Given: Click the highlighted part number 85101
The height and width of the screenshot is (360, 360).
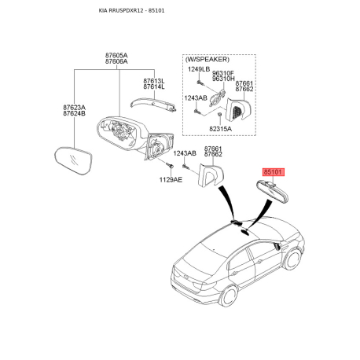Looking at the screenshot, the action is click(274, 172).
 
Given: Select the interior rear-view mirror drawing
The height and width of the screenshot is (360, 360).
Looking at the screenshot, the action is click(272, 191).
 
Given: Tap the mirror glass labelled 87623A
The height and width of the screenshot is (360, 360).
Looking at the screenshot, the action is click(74, 160).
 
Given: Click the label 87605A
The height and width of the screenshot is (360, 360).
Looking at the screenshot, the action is click(116, 56).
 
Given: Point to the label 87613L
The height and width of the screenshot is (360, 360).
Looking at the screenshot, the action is click(154, 81).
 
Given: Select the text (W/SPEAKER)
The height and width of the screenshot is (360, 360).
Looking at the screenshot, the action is click(208, 60).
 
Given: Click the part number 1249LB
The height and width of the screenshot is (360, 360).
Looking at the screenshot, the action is click(199, 69).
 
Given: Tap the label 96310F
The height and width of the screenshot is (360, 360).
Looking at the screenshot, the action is click(223, 73).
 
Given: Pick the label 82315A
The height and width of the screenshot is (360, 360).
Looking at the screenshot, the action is click(220, 129).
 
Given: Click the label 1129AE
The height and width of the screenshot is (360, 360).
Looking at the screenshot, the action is click(171, 180).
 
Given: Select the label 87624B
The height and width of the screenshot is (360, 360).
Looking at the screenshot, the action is click(74, 114).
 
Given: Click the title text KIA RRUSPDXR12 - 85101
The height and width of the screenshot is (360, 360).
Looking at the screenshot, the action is click(131, 11).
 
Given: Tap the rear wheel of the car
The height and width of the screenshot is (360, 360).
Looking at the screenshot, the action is click(229, 296).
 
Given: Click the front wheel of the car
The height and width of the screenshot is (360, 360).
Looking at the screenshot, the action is click(292, 259).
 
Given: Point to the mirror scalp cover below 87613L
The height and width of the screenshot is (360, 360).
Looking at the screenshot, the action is click(153, 105).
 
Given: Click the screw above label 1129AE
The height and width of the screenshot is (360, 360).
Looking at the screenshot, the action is click(170, 165).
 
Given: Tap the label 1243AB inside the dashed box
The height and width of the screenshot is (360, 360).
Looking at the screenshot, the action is click(196, 98).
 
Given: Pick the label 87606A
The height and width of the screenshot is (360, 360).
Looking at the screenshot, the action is click(116, 61).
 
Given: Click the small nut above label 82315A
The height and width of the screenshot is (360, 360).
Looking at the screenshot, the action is click(220, 114).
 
